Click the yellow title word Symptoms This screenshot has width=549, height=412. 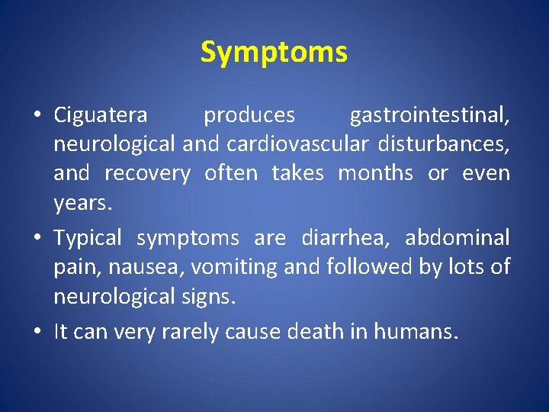(274, 52)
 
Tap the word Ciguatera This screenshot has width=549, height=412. (101, 115)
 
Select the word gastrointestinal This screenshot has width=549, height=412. (429, 115)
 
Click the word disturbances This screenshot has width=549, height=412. (457, 144)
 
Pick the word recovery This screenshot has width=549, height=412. (147, 174)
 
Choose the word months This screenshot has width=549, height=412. (375, 173)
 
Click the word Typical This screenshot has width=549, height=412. (88, 238)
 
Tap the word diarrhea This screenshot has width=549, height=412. (345, 237)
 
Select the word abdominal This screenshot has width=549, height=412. (457, 237)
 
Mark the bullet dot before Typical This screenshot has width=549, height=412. (37, 239)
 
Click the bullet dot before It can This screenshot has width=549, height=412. (37, 332)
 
